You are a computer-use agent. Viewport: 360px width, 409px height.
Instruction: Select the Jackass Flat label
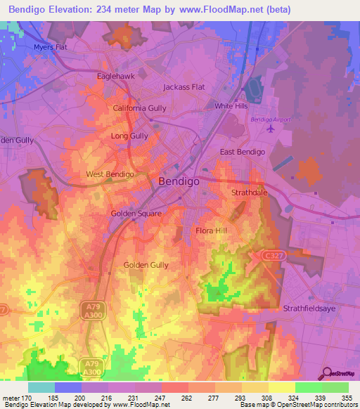click(184, 87)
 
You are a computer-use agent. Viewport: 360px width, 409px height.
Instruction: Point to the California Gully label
click(140, 108)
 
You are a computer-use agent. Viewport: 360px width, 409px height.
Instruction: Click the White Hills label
click(231, 106)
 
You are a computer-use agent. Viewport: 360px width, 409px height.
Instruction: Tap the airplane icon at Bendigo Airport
click(270, 129)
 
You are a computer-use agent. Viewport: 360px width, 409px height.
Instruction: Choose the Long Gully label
click(129, 136)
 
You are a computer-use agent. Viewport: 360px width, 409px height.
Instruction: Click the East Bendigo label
click(242, 152)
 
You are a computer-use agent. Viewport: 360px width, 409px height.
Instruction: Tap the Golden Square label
click(136, 213)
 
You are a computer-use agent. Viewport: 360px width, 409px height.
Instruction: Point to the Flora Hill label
click(211, 231)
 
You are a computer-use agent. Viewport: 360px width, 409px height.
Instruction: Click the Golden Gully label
click(146, 265)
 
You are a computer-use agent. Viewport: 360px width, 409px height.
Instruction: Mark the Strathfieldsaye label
click(311, 309)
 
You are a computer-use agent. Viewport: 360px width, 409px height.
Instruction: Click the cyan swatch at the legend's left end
click(41, 387)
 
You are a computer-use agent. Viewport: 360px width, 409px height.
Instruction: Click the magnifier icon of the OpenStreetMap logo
click(326, 373)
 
